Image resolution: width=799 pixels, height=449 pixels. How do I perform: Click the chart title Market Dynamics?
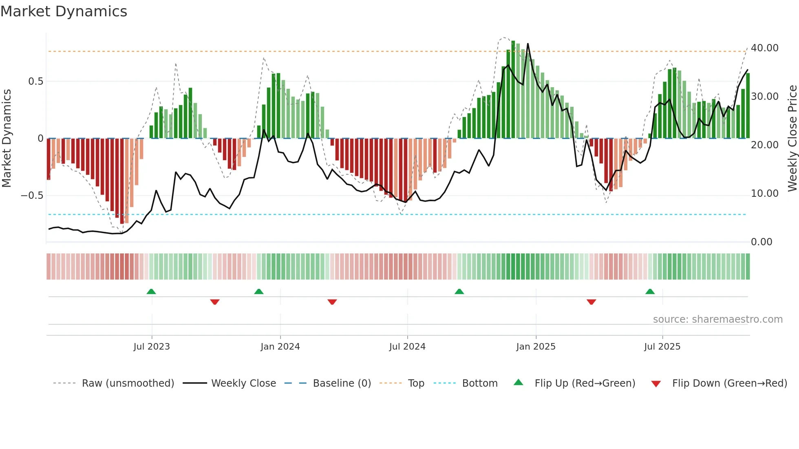(64, 11)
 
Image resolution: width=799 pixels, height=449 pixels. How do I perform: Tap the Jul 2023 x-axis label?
(152, 346)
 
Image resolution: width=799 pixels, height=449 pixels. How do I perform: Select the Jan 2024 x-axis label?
(280, 346)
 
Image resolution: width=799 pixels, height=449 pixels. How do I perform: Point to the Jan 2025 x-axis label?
(536, 346)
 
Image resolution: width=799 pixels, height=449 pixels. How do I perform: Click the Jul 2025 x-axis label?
(662, 346)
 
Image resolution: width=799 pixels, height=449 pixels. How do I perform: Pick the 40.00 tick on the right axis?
(764, 48)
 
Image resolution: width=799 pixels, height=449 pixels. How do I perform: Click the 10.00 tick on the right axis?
(764, 194)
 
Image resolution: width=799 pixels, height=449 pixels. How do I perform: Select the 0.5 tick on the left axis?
(35, 81)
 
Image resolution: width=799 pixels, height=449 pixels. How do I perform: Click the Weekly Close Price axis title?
(792, 138)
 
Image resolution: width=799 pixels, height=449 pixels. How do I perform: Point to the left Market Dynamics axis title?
(7, 138)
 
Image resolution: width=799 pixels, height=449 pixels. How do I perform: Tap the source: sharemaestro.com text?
(717, 319)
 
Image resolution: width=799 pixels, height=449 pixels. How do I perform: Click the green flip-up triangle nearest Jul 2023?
(151, 291)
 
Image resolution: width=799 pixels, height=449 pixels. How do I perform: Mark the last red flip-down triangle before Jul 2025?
(591, 302)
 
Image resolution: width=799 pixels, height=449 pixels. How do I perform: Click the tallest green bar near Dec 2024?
(513, 90)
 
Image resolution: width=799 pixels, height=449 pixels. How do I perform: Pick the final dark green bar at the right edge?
(748, 106)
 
